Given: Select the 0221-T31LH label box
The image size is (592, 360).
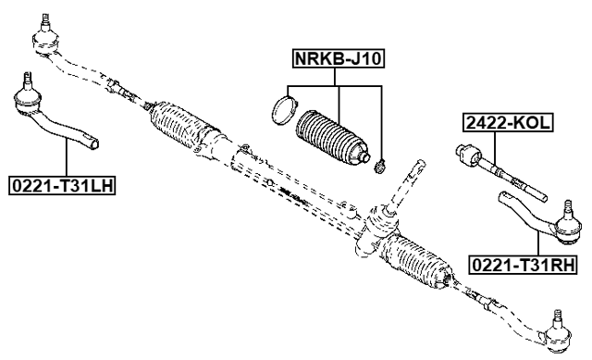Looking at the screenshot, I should [62, 185].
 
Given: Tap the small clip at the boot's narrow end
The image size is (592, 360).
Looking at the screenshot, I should [379, 168].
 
